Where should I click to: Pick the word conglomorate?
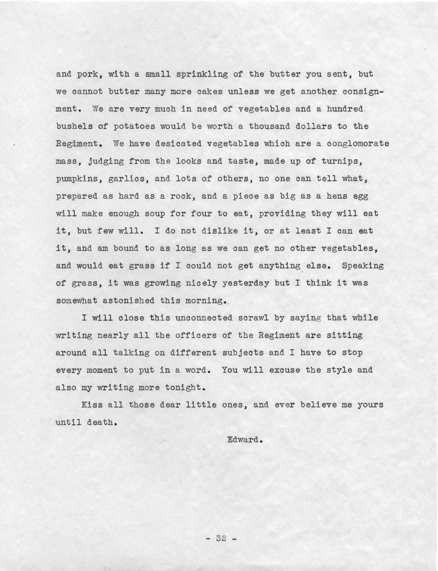click(x=358, y=144)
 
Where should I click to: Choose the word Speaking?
click(x=363, y=266)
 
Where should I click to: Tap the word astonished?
click(x=126, y=301)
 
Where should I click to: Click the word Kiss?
click(x=92, y=405)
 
